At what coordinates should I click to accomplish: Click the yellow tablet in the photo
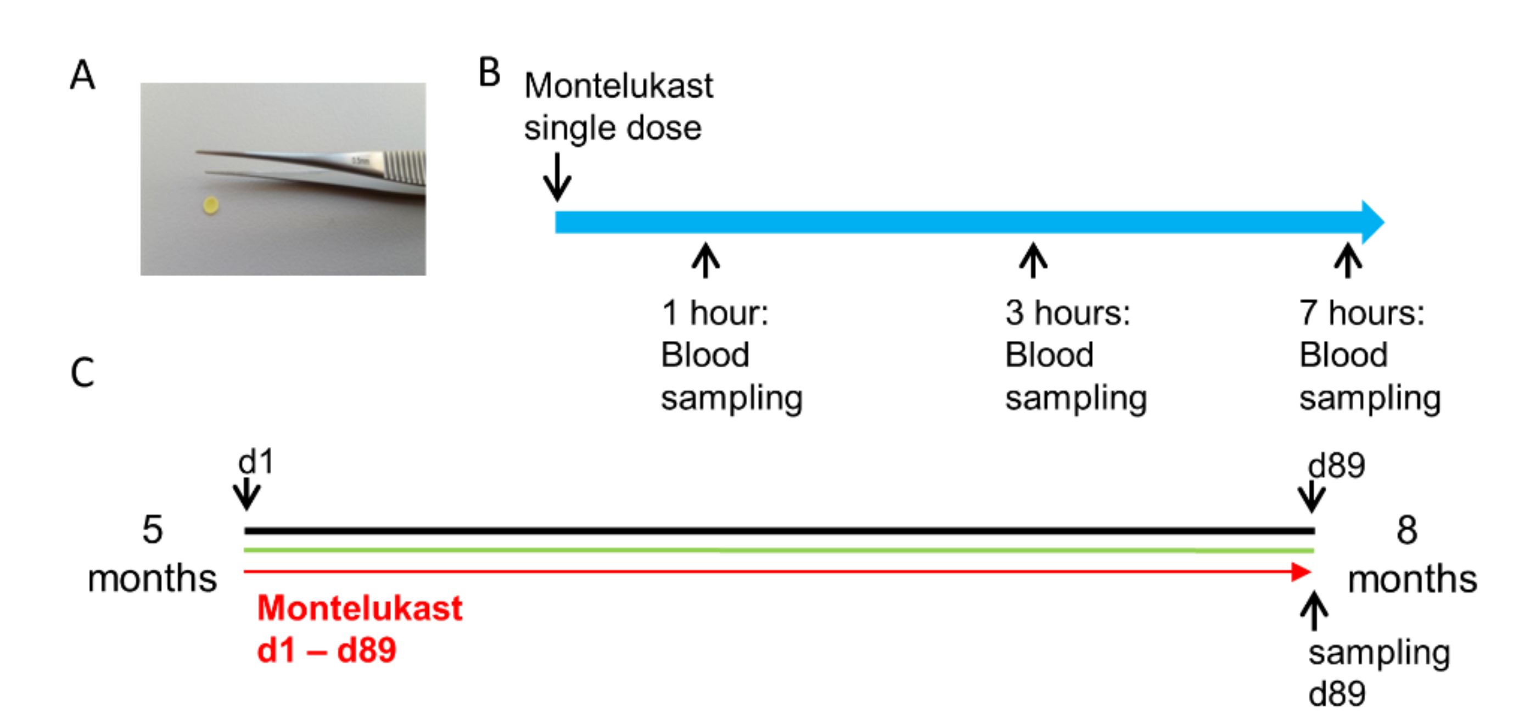pyautogui.click(x=210, y=205)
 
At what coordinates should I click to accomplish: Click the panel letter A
pyautogui.click(x=82, y=75)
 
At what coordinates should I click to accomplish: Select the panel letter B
pyautogui.click(x=489, y=73)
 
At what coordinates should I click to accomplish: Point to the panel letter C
pyautogui.click(x=82, y=373)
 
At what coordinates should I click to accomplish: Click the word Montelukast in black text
pyautogui.click(x=618, y=86)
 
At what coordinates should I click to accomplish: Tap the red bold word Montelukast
pyautogui.click(x=360, y=608)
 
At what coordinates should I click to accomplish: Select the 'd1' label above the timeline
pyautogui.click(x=256, y=462)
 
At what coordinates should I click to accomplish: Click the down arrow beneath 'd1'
pyautogui.click(x=246, y=494)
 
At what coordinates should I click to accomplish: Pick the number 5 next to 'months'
pyautogui.click(x=152, y=529)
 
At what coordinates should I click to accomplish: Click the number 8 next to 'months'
pyautogui.click(x=1406, y=530)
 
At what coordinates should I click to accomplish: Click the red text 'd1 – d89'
pyautogui.click(x=326, y=650)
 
